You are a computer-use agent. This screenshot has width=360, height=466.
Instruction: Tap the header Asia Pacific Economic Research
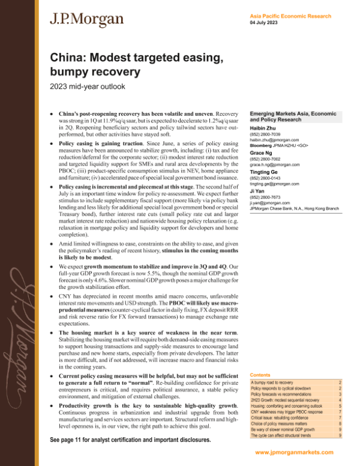292,16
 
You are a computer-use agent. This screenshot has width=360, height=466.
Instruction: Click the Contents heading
260,374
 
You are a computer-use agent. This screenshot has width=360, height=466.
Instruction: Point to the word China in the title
68,58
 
